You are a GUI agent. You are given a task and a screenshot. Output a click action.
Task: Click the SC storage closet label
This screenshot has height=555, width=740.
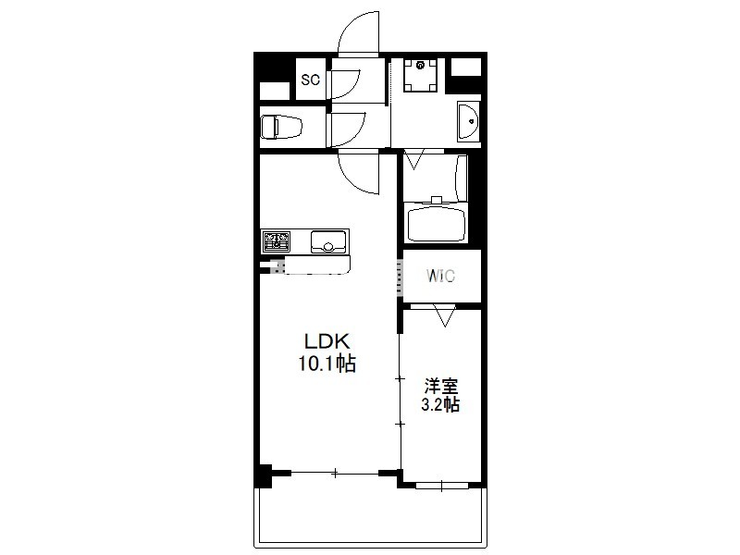pos(311,80)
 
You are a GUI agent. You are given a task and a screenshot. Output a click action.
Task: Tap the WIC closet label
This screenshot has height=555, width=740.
pos(440,275)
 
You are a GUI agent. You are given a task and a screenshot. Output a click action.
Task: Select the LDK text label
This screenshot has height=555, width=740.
pos(327,340)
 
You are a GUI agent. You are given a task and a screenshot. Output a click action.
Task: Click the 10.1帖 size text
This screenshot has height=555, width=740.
pos(327,364)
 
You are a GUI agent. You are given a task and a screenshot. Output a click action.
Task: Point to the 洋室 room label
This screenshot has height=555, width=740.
pos(441,386)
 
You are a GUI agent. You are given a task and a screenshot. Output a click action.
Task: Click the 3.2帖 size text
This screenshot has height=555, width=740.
pos(440,404)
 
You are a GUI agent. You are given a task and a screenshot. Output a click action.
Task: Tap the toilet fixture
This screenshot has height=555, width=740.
pos(281,127)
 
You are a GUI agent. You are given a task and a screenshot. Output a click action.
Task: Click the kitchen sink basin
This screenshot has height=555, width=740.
pos(329,241)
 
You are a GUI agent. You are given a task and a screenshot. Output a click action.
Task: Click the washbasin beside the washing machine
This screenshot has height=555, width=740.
pos(468,122)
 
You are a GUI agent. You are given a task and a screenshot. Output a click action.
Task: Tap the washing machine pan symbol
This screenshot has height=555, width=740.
pos(421,75)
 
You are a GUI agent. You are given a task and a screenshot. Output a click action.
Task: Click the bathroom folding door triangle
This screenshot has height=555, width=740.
pos(415,159)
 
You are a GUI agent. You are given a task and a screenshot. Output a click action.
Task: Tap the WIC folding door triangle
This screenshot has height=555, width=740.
pos(445,315)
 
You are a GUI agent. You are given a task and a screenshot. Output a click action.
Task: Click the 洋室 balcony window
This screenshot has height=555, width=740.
pos(442,485)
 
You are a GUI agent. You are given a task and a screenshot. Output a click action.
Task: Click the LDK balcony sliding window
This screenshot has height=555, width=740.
pos(335,472)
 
